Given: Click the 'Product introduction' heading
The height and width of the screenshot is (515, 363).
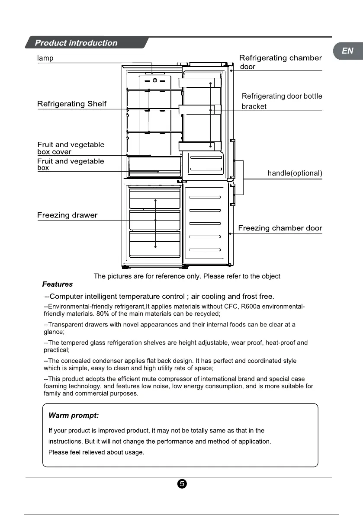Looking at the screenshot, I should [x=76, y=43].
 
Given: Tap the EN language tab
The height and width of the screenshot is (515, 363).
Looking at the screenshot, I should [x=347, y=51].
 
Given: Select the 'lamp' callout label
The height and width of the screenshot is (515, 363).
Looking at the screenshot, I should [x=45, y=58].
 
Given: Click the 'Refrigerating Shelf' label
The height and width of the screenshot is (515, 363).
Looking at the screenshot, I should [x=72, y=104].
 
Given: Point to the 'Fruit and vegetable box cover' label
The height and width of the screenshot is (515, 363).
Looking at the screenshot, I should [x=71, y=148].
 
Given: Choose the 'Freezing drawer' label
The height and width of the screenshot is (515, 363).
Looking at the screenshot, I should [x=67, y=215].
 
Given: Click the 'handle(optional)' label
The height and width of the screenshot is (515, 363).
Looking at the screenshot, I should [x=295, y=173].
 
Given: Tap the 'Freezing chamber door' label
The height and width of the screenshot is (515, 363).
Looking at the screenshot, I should [x=280, y=228].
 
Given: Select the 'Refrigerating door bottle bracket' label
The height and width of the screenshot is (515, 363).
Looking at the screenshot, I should [x=282, y=101].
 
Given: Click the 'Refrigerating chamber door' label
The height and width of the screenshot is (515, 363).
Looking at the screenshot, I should [x=280, y=62].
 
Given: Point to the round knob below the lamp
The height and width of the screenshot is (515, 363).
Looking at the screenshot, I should [x=155, y=80].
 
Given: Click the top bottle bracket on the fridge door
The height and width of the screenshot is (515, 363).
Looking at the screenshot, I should [x=200, y=83].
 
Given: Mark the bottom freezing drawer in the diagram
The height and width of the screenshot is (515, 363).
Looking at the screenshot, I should [x=155, y=246].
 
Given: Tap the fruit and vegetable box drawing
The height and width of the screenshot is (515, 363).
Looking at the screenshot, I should [x=155, y=166].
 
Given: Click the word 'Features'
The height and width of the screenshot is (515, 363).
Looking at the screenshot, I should [x=58, y=284].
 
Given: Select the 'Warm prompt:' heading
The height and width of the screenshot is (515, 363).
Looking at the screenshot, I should [x=74, y=416].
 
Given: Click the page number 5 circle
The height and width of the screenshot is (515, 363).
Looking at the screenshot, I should [x=182, y=483].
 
